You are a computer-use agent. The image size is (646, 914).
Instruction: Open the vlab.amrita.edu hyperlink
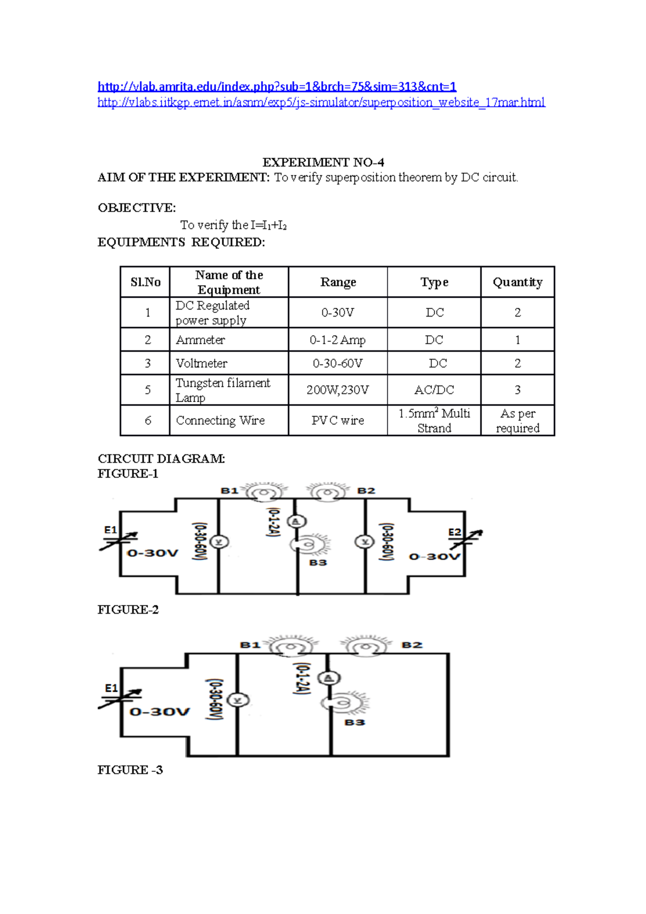pyautogui.click(x=277, y=86)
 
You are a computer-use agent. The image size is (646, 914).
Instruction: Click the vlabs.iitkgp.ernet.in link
pyautogui.click(x=321, y=102)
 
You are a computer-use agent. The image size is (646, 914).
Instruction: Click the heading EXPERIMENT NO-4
pyautogui.click(x=323, y=162)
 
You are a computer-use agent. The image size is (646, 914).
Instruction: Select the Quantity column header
pyautogui.click(x=517, y=282)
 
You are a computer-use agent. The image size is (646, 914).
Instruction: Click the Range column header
pyautogui.click(x=338, y=282)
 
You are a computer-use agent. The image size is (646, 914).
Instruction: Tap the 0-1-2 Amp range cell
pyautogui.click(x=338, y=340)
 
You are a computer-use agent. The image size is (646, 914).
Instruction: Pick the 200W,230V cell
pyautogui.click(x=338, y=390)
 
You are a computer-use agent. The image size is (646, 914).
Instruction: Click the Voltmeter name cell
pyautogui.click(x=201, y=363)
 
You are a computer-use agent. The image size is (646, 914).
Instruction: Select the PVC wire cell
pyautogui.click(x=338, y=420)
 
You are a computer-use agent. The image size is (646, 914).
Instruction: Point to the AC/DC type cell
pyautogui.click(x=434, y=390)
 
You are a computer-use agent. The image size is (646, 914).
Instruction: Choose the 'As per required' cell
pyautogui.click(x=517, y=420)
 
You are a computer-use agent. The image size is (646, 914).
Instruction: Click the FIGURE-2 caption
pyautogui.click(x=128, y=609)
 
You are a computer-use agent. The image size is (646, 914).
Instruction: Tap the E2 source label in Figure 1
pyautogui.click(x=455, y=532)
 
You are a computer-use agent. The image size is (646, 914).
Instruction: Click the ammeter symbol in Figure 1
pyautogui.click(x=296, y=521)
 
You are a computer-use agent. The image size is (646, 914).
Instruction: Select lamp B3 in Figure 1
pyautogui.click(x=308, y=545)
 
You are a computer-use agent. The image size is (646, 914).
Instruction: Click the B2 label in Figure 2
pyautogui.click(x=412, y=645)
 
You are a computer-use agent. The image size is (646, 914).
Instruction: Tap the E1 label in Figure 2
pyautogui.click(x=111, y=688)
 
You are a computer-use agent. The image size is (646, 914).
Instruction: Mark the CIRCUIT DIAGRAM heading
pyautogui.click(x=161, y=459)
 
